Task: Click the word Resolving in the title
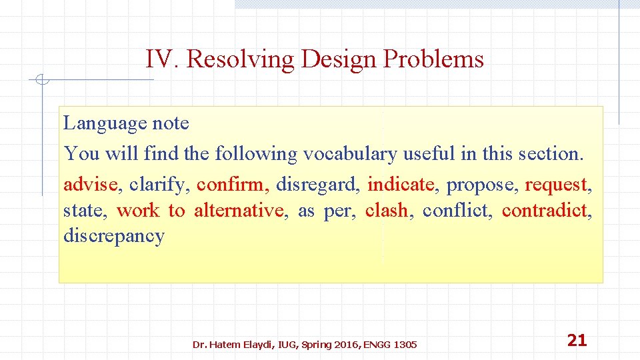tap(240, 60)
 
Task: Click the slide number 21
tap(577, 341)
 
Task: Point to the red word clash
tap(387, 211)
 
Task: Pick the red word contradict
tap(546, 211)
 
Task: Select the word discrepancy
tap(113, 237)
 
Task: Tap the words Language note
tap(126, 123)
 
